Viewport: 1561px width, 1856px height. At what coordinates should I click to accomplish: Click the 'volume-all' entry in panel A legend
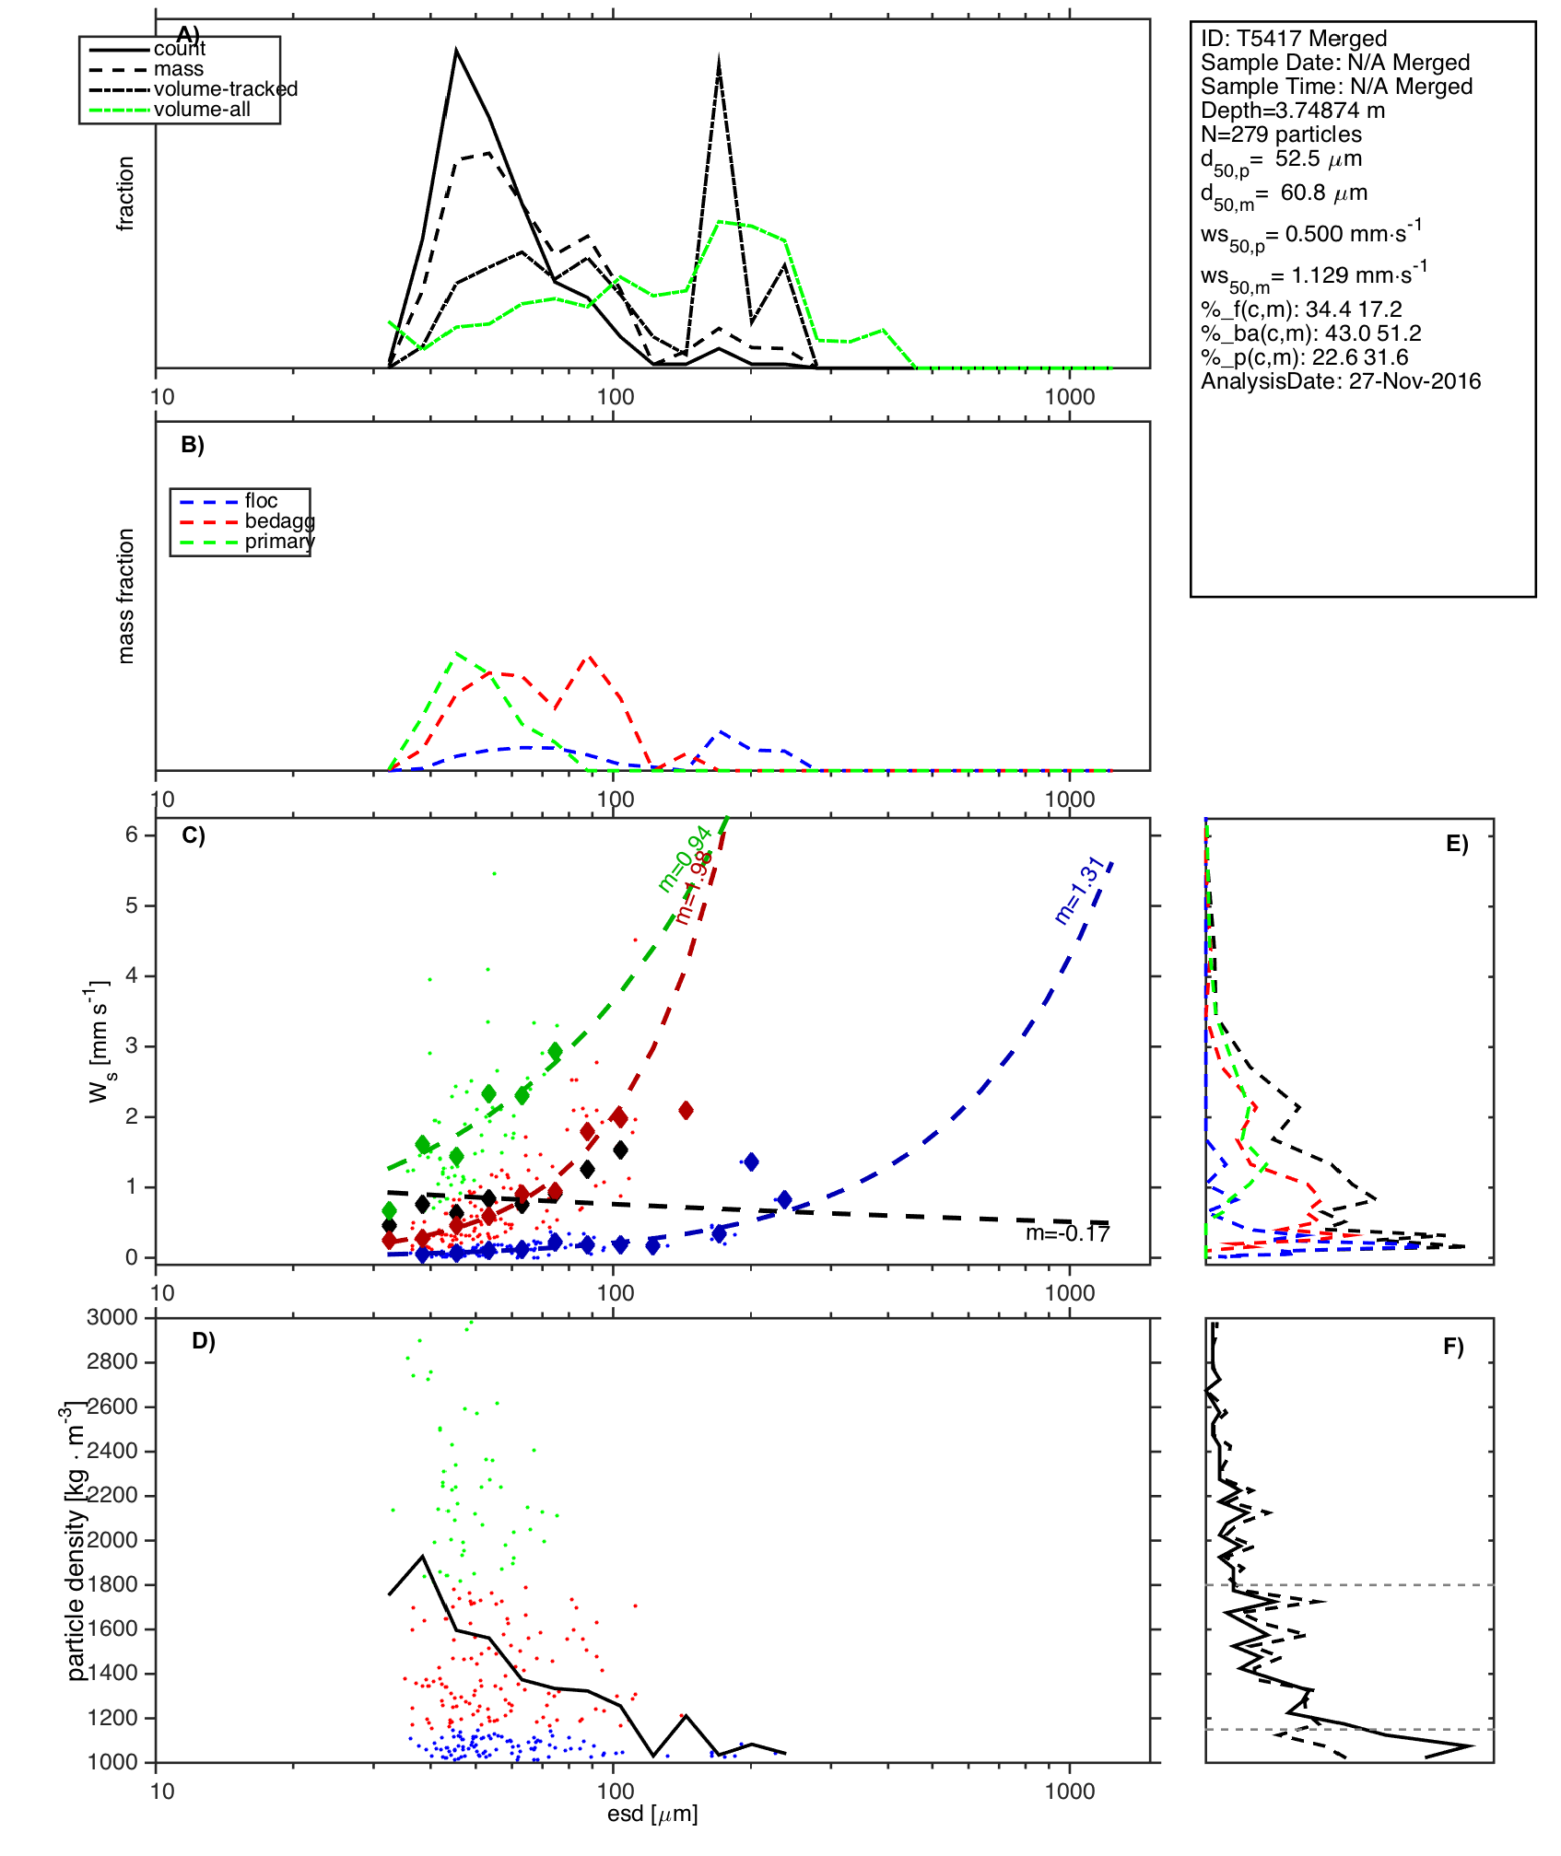click(202, 110)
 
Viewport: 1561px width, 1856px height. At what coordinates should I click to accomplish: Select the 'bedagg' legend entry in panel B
click(279, 521)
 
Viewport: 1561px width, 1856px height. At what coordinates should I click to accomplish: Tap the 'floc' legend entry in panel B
click(261, 501)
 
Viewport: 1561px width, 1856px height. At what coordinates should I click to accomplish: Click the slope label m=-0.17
click(1067, 1233)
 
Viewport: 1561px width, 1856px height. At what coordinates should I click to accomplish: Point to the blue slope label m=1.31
click(1079, 891)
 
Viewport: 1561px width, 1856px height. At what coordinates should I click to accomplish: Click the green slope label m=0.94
click(684, 859)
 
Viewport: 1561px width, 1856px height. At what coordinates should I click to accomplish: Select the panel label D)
click(203, 1341)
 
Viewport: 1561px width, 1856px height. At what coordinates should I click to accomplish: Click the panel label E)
click(1457, 845)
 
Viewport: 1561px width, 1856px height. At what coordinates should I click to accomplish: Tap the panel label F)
click(1453, 1347)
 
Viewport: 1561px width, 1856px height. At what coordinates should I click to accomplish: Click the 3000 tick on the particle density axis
click(112, 1317)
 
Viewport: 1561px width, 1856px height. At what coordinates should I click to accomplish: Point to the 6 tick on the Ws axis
click(132, 835)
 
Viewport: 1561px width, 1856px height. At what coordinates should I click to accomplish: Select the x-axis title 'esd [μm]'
click(652, 1815)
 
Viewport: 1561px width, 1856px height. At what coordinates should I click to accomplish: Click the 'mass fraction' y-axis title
click(126, 596)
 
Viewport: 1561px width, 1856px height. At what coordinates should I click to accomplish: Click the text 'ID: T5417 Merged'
click(1293, 39)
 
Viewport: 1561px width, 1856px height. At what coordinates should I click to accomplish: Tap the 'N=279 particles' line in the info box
click(1281, 134)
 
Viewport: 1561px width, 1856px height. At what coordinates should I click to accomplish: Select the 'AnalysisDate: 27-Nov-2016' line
click(1341, 381)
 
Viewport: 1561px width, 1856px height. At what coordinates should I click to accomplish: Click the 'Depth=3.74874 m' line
click(1292, 111)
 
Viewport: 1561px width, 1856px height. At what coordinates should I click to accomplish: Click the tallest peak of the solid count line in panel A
click(456, 51)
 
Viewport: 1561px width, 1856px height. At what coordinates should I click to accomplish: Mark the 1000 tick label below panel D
click(1069, 1791)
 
